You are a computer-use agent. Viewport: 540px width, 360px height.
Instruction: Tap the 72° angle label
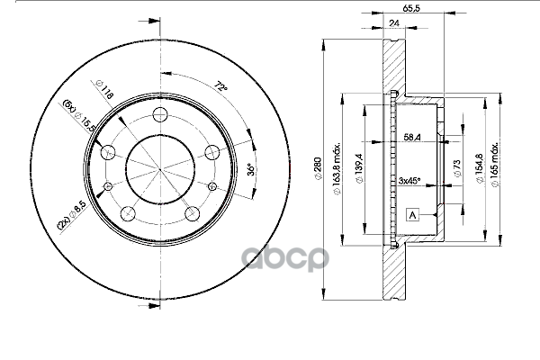(219, 87)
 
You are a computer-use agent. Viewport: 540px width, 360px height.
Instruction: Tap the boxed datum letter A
(412, 215)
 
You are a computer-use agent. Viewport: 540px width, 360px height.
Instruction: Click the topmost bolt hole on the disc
(161, 115)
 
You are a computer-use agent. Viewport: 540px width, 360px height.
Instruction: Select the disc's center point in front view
(161, 168)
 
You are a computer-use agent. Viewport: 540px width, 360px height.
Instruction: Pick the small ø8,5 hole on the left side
(109, 184)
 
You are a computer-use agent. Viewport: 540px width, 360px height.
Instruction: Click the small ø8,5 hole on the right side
(213, 185)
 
